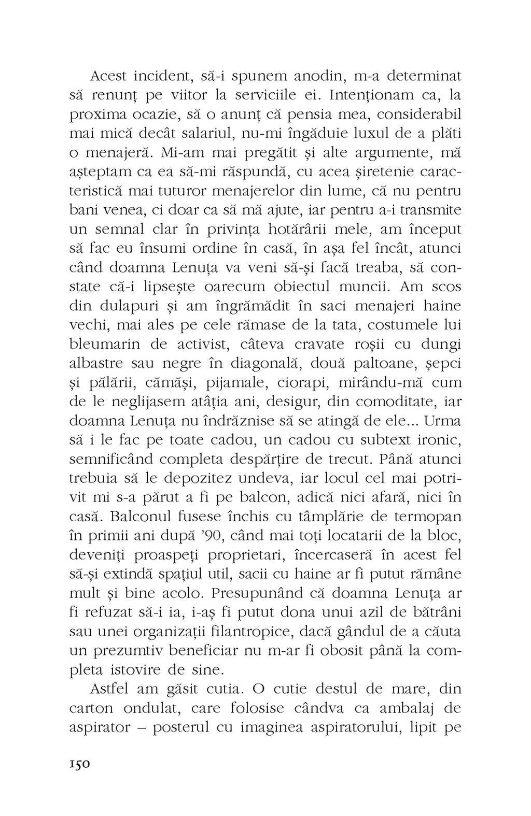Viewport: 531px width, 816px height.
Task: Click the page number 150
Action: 80,764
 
